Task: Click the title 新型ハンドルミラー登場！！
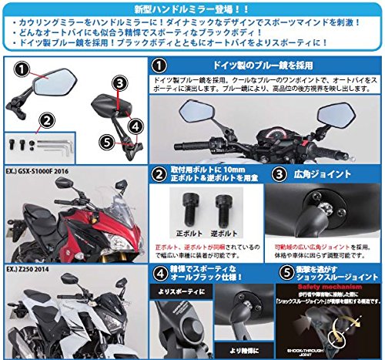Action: tap(192, 8)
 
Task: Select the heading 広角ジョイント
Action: tap(314, 175)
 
